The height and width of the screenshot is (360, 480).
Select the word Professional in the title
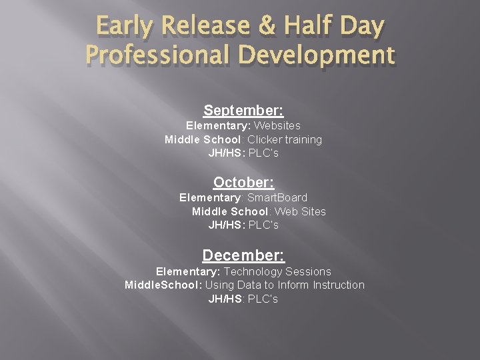click(157, 55)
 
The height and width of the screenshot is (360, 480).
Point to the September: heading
click(243, 110)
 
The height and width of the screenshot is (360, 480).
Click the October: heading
click(243, 182)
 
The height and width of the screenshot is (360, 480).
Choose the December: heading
click(243, 255)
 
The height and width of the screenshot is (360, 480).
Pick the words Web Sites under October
click(300, 211)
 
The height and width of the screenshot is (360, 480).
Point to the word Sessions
click(309, 271)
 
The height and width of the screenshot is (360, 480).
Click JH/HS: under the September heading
click(227, 153)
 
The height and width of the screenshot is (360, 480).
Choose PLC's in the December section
click(263, 299)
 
